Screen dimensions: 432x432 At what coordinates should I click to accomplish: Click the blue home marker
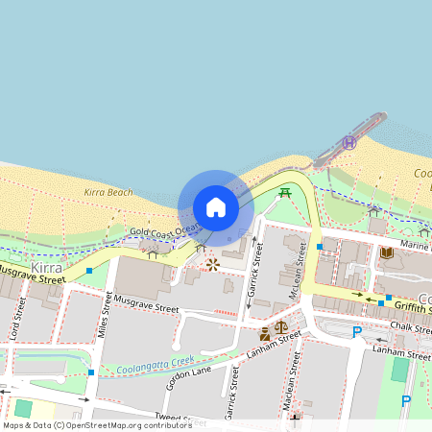(216, 207)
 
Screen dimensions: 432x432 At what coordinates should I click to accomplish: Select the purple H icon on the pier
(350, 142)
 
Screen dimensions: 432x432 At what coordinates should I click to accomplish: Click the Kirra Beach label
(108, 193)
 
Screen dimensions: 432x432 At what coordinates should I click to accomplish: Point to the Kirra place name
(46, 267)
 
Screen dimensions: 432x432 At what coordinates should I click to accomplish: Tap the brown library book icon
(385, 252)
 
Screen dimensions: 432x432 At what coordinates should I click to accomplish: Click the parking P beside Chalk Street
(357, 332)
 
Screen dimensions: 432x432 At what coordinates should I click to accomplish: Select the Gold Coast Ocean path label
(165, 230)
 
